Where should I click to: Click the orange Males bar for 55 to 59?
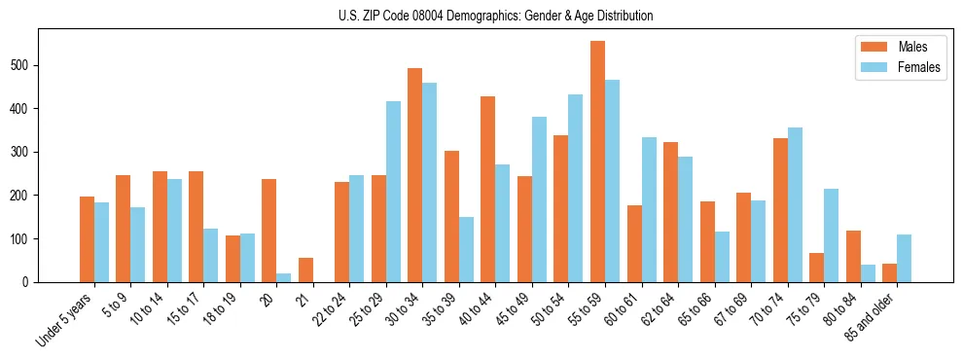[x=597, y=162]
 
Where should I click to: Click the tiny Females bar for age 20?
[x=284, y=277]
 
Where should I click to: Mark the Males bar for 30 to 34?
[x=415, y=175]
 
